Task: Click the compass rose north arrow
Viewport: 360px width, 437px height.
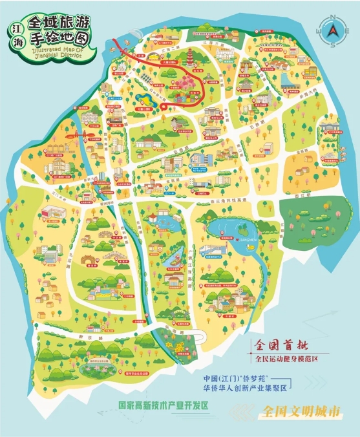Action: [333, 30]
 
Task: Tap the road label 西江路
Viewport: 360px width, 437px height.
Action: [298, 193]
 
